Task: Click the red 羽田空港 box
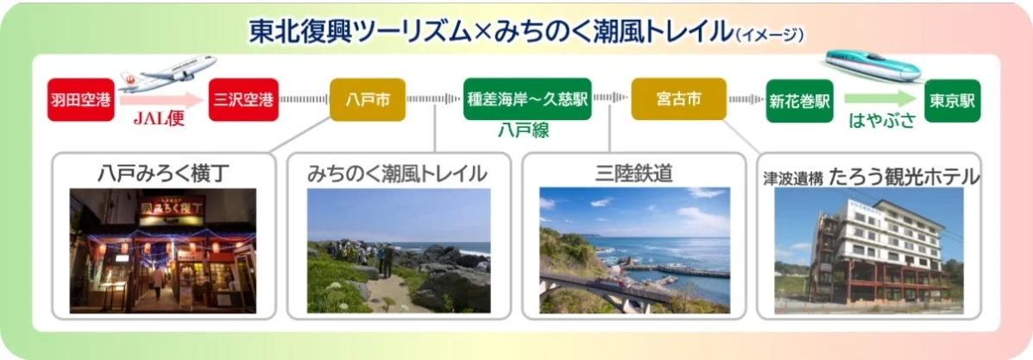coord(81,100)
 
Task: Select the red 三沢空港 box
coord(243,100)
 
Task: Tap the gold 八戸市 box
coord(368,100)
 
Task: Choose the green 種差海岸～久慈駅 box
coord(526,99)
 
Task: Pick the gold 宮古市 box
coord(678,99)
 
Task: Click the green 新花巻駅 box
coord(799,100)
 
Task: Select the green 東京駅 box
coord(952,100)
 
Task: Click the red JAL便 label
coord(159,120)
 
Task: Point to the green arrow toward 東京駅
coord(879,99)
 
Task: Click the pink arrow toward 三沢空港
coord(162,99)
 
